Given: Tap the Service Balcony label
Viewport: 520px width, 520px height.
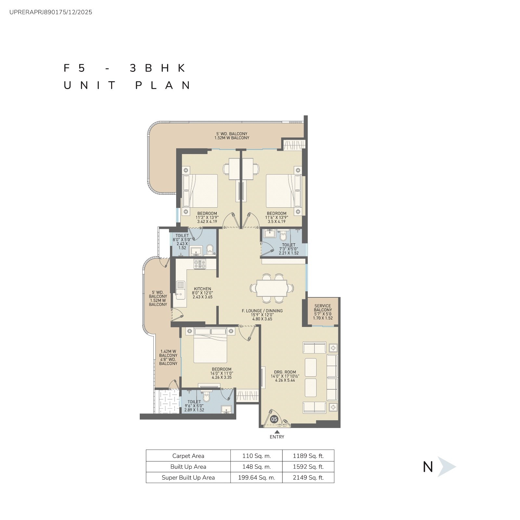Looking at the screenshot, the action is pos(323,308).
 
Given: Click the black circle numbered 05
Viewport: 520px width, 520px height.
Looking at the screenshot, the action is pos(274,419).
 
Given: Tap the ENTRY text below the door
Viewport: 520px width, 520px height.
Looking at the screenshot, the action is pos(277,437).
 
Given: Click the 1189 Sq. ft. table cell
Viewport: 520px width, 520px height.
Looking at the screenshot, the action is pos(308,456).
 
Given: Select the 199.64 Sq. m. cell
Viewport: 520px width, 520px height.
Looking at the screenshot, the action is pos(256,477).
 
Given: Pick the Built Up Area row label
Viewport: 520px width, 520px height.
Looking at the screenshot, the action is pos(188,467).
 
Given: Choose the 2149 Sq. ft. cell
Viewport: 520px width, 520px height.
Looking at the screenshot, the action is pos(308,477).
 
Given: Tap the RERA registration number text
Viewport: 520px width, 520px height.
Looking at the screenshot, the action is pos(51,12).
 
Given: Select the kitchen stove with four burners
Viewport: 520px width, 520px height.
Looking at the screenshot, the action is pos(200,264).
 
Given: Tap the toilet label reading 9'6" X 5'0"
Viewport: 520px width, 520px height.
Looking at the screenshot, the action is pos(194,406).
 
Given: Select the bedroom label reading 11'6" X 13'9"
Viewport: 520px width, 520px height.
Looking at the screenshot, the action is pos(277,217).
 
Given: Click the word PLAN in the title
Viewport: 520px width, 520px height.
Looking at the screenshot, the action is pos(163,85).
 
